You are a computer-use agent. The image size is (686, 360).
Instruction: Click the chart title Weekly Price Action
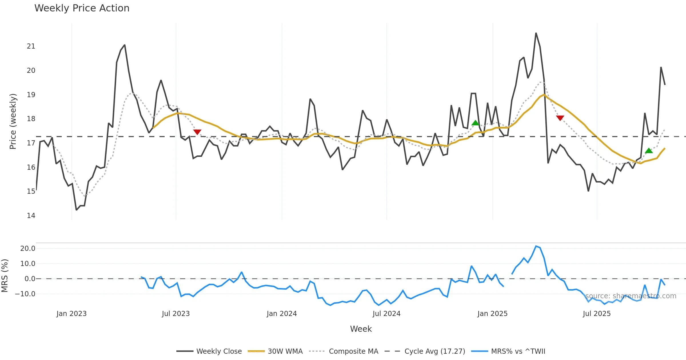pos(82,8)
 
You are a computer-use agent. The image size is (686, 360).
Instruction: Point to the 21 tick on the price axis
pos(31,46)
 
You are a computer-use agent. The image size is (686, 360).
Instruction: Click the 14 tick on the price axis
pos(31,216)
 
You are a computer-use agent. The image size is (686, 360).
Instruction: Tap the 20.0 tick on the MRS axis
pos(28,249)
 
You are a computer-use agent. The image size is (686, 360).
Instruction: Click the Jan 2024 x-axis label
pos(282,314)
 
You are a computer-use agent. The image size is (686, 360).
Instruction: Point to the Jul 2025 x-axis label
pos(597,314)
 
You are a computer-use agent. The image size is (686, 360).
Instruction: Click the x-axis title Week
pos(361,329)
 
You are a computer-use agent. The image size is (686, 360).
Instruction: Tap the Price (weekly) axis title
pos(13,121)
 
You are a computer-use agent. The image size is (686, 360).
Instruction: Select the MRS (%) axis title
pos(5,276)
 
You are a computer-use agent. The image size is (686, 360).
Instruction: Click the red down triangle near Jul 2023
pos(197,132)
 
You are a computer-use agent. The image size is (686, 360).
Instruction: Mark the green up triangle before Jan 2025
pos(475,123)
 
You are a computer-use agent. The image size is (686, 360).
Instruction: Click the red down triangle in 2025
pos(560,118)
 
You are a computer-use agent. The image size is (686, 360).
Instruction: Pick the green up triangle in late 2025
pos(649,151)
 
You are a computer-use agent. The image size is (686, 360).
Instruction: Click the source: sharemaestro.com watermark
pos(631,296)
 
